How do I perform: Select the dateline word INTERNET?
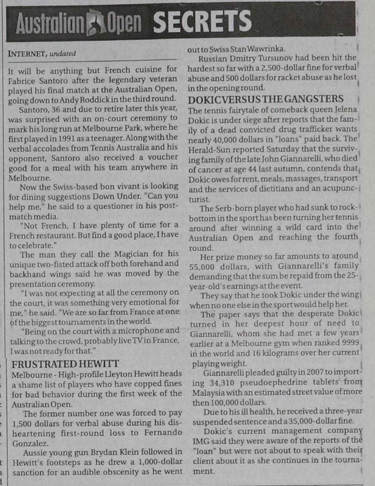[27, 54]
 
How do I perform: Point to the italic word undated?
[63, 54]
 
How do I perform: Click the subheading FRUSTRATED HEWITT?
[66, 364]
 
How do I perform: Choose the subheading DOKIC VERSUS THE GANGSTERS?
[266, 100]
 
